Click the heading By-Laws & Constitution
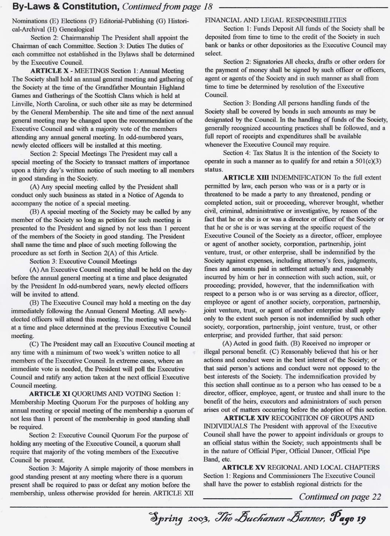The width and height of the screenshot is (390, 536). click(66, 7)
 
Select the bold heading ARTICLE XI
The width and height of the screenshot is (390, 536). click(50, 394)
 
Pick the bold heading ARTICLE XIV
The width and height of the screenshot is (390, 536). click(245, 418)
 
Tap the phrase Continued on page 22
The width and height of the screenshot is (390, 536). click(340, 497)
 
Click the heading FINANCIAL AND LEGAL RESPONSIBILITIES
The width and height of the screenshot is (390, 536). click(276, 20)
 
